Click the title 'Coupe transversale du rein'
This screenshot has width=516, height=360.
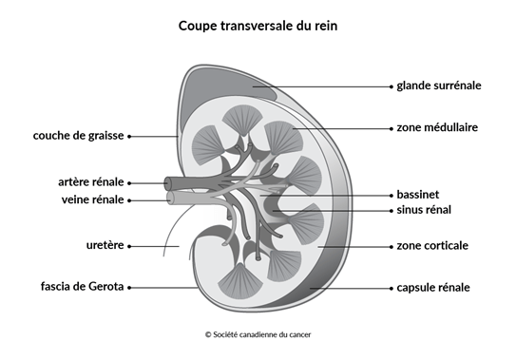(258, 26)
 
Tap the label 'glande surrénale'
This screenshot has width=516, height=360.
(439, 85)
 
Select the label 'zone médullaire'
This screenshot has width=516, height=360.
(437, 126)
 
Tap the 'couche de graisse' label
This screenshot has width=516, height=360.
(78, 136)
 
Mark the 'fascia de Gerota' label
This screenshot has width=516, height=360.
(83, 286)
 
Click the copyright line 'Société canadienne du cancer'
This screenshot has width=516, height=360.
(258, 334)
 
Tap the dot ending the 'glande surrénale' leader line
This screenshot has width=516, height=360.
(390, 85)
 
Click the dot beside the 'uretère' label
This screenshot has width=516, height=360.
(129, 246)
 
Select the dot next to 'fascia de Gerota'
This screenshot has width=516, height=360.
(129, 286)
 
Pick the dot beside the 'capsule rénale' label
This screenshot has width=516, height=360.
(390, 286)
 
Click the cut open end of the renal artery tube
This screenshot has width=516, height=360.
(169, 181)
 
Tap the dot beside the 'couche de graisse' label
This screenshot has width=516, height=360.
(129, 136)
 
